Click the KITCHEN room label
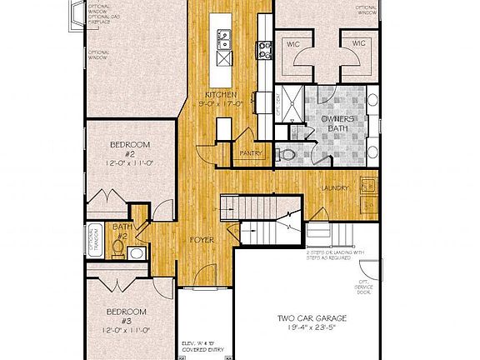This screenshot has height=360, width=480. (222, 96)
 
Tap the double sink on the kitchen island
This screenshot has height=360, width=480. (225, 36)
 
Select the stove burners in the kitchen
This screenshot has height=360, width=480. (264, 49)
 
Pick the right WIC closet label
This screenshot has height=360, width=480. (358, 43)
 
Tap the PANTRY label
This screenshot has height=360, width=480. (251, 153)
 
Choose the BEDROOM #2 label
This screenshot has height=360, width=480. (130, 149)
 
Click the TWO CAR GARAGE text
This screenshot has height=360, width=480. (312, 319)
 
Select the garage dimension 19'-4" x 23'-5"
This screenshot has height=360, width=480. (313, 330)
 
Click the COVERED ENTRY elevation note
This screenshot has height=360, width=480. (202, 345)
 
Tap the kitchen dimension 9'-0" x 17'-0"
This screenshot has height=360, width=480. (222, 105)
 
